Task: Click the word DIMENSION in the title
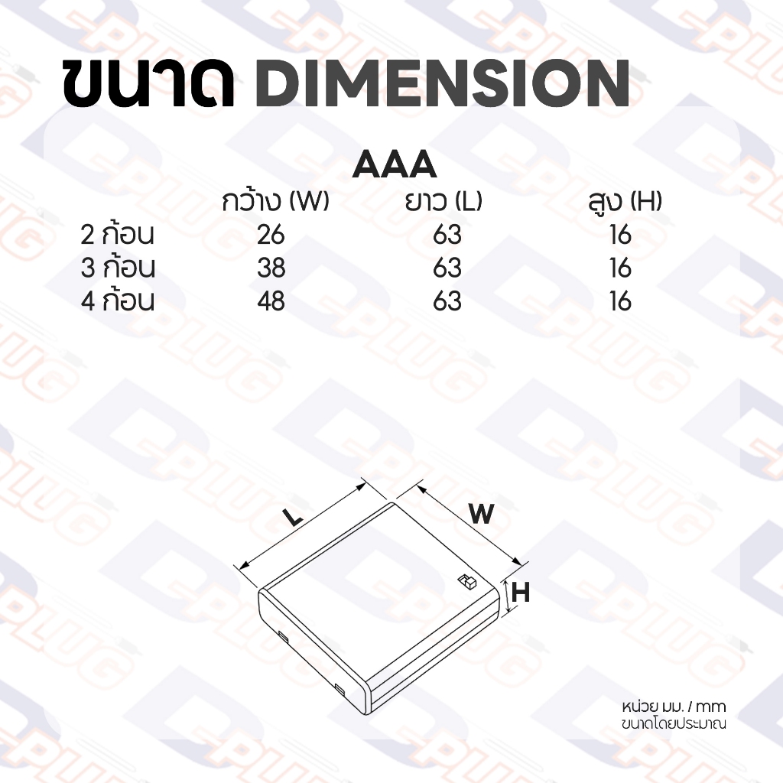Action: click(443, 83)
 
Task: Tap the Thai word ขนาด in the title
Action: click(149, 83)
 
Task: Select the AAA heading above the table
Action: click(395, 164)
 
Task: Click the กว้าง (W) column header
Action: click(275, 201)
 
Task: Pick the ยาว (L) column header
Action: click(443, 201)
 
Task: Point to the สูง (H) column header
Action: click(625, 202)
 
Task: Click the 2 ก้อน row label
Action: click(117, 234)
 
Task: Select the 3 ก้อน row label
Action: click(117, 267)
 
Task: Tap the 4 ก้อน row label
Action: click(117, 301)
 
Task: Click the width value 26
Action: click(271, 235)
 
